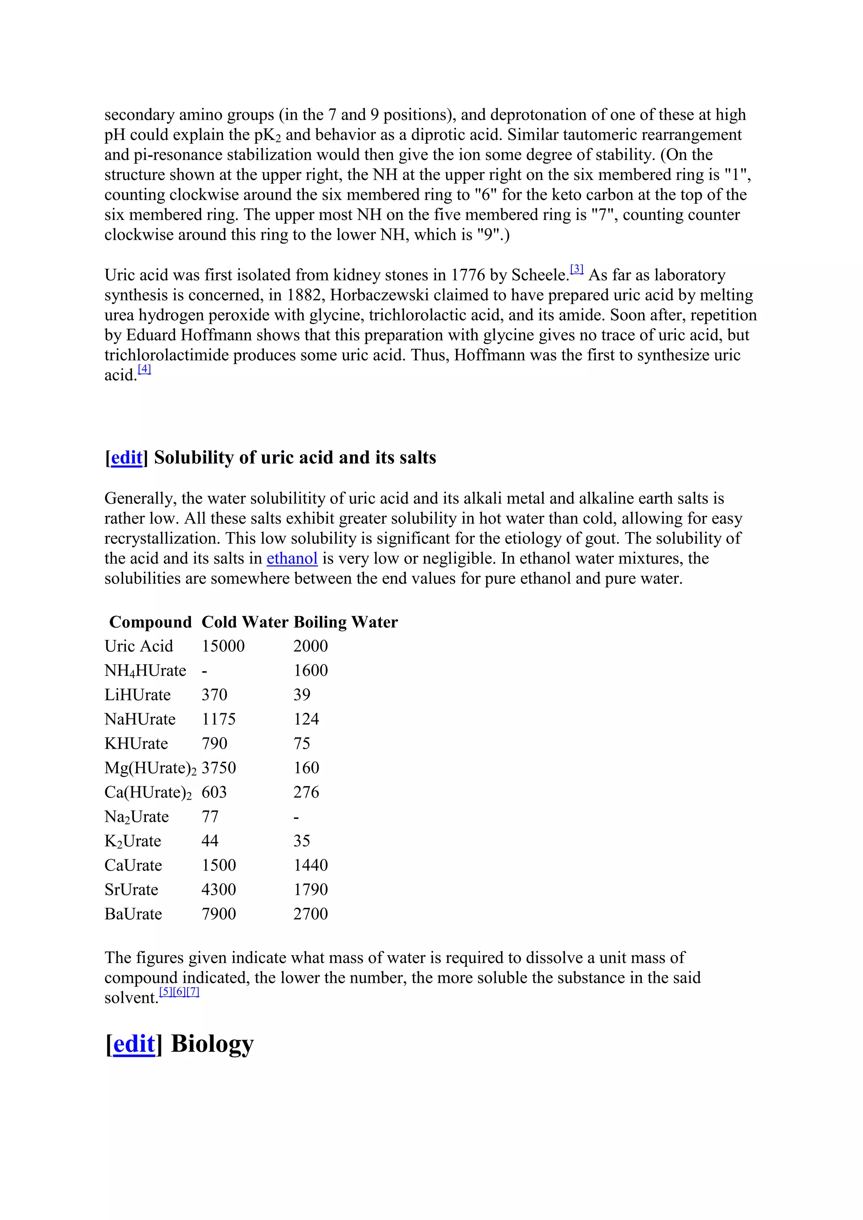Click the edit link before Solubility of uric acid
126,457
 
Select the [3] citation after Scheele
576,269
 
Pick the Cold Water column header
244,622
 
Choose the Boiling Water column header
346,622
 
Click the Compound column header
150,622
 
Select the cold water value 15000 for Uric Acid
223,646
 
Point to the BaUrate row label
134,914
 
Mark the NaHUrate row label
140,720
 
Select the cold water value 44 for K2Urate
210,840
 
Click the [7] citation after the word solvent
193,992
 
